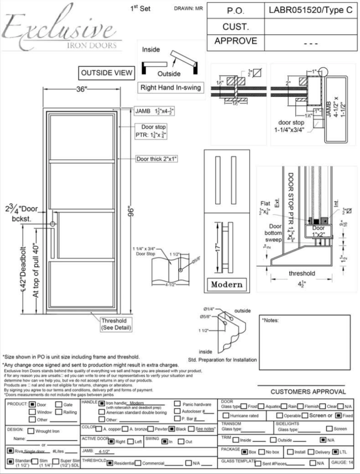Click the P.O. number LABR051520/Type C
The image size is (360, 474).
coord(310,11)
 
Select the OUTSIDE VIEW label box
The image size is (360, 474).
coord(106,73)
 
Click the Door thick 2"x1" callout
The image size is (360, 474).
coord(157,159)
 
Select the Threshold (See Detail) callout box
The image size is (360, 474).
coord(117,324)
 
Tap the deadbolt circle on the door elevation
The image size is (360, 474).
coord(53,224)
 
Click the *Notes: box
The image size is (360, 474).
coord(305,342)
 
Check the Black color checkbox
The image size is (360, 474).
coord(165,429)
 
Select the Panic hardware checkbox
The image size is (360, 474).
coord(177,404)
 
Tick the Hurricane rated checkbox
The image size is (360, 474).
coord(226,416)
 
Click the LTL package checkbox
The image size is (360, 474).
coord(335,451)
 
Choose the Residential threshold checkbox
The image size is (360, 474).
coord(110,463)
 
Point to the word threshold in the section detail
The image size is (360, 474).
coord(301,273)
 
